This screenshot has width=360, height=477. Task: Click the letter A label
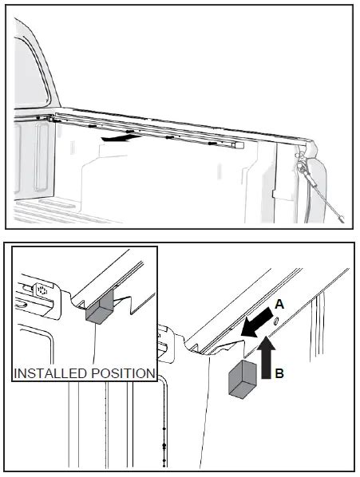[x=279, y=304]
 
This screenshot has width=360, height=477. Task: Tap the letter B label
[x=279, y=373]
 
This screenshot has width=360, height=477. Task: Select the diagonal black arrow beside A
[x=256, y=322]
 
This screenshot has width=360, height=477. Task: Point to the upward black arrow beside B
[x=267, y=357]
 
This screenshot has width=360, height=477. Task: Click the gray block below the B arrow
[x=242, y=379]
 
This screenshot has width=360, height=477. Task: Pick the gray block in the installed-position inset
[x=100, y=308]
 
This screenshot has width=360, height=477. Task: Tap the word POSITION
[x=121, y=373]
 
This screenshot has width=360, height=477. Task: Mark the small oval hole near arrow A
[x=276, y=321]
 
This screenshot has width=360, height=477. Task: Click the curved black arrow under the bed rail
[x=121, y=139]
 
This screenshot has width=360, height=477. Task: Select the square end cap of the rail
[x=239, y=145]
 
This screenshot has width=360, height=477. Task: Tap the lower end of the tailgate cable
[x=342, y=219]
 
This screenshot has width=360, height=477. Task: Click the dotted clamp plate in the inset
[x=42, y=290]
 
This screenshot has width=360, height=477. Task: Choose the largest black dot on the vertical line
[x=164, y=445]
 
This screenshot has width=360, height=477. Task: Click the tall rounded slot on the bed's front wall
[x=42, y=157]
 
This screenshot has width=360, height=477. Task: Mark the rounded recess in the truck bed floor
[x=57, y=203]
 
